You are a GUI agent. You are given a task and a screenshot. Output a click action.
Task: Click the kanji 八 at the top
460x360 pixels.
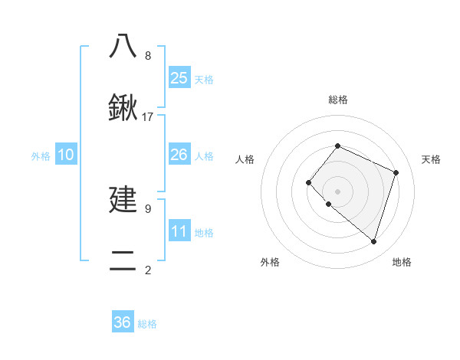(123, 46)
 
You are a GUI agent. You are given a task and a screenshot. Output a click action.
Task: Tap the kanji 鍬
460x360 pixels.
(123, 108)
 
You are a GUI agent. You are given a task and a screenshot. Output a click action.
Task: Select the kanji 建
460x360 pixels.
(123, 200)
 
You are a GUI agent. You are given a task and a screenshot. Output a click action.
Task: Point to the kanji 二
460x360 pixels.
(123, 261)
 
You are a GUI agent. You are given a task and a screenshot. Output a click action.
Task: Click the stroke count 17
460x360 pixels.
(148, 117)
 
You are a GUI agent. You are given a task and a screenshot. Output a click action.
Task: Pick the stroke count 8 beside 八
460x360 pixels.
(148, 56)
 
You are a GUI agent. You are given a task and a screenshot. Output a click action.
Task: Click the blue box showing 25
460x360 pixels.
(179, 78)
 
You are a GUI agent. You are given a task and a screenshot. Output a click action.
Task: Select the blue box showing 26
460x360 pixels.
(179, 155)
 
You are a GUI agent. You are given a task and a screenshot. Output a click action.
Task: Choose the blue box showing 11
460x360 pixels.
(179, 231)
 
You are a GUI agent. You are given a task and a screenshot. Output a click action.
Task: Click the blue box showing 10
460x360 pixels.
(66, 155)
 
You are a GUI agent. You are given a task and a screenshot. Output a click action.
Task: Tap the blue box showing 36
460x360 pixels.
(123, 322)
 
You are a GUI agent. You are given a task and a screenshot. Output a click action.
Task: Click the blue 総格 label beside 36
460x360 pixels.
(147, 324)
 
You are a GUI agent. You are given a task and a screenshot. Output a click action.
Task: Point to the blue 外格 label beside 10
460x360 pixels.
(41, 156)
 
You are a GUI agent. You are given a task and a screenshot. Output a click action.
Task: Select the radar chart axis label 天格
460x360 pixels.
(431, 159)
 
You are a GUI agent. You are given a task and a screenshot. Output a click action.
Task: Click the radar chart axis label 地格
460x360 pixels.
(402, 262)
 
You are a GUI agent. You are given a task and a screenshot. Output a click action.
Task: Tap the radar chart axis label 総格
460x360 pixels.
(337, 100)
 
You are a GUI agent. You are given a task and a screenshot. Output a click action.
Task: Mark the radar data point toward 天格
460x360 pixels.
(396, 172)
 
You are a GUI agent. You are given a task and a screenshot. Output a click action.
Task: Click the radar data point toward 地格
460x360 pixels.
(373, 242)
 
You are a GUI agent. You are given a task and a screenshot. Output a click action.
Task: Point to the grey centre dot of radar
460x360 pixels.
(337, 191)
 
